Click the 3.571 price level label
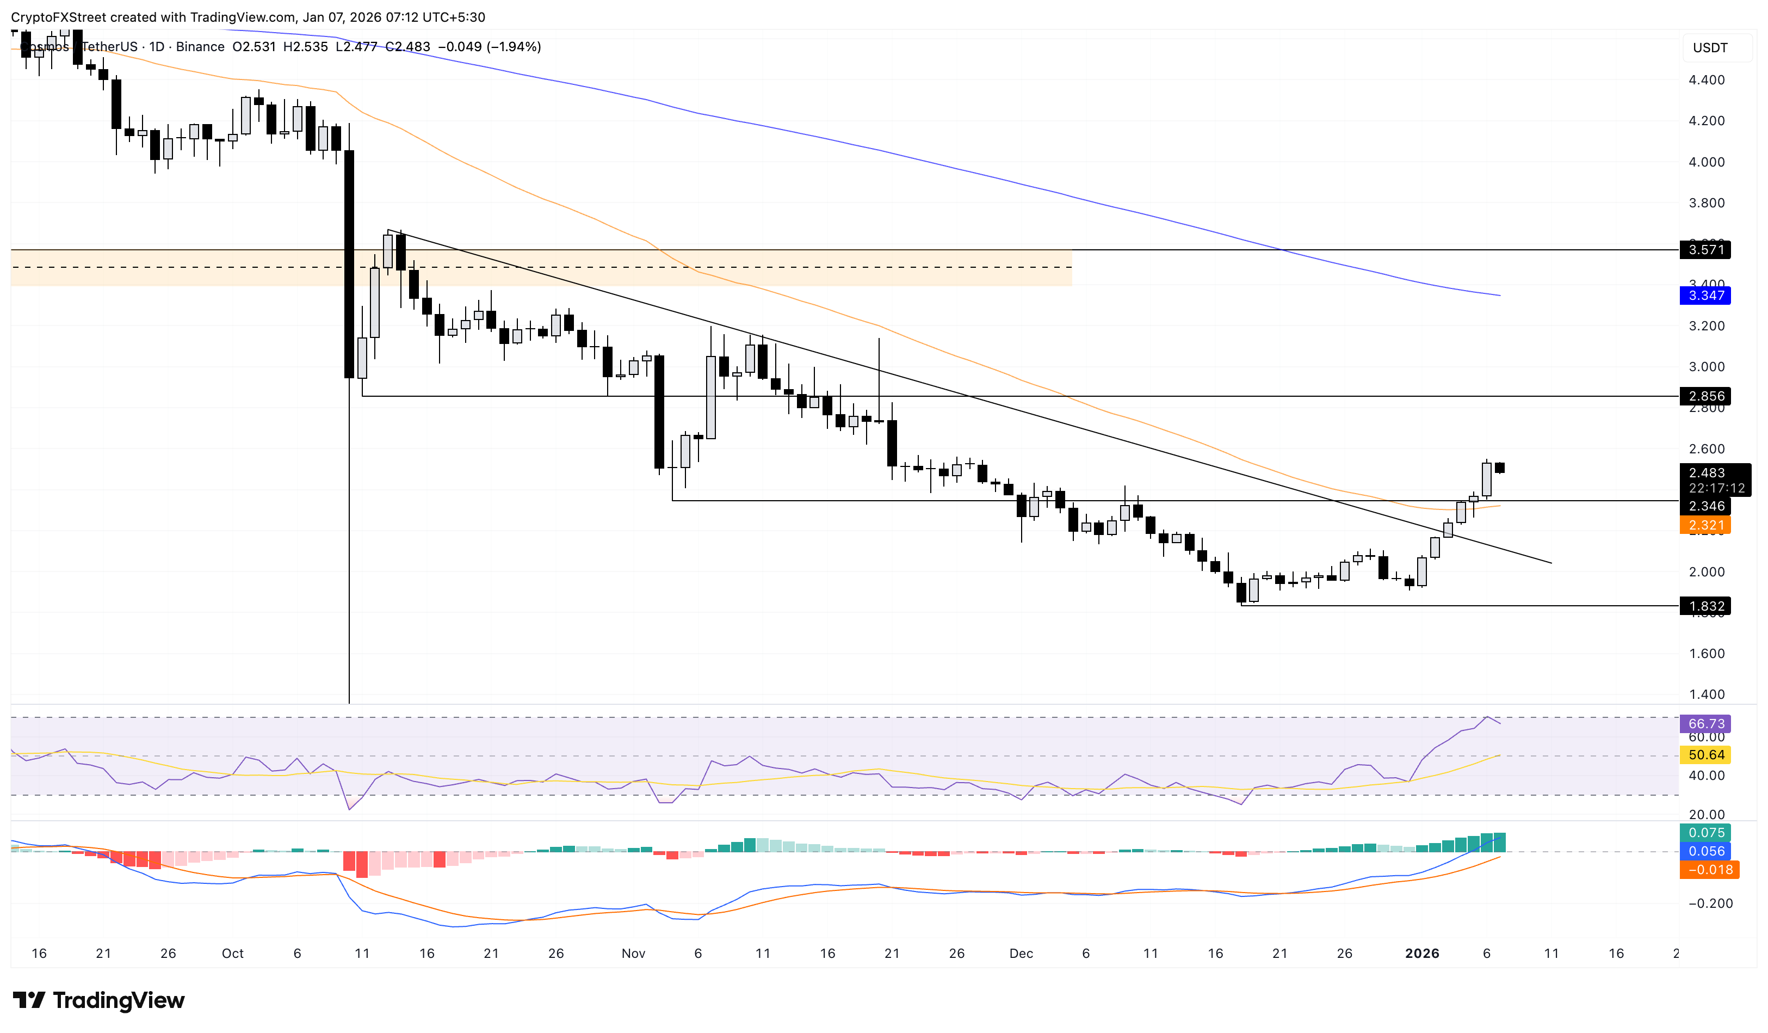tap(1705, 250)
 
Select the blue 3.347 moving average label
tap(1705, 296)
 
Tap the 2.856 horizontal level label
tap(1705, 397)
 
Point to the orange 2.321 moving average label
tap(1705, 525)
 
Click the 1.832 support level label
tap(1705, 606)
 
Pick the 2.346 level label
tap(1705, 506)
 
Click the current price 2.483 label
tap(1707, 473)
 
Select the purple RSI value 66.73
tap(1705, 723)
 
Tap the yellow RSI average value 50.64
tap(1705, 755)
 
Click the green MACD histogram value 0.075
tap(1705, 833)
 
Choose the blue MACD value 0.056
tap(1705, 851)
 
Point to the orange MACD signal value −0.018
tap(1705, 870)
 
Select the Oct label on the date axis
tap(232, 954)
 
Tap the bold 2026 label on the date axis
tap(1422, 954)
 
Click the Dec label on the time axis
tap(1021, 954)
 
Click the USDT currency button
tap(1710, 48)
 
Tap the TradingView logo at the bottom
tap(99, 1000)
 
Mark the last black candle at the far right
tap(1500, 468)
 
